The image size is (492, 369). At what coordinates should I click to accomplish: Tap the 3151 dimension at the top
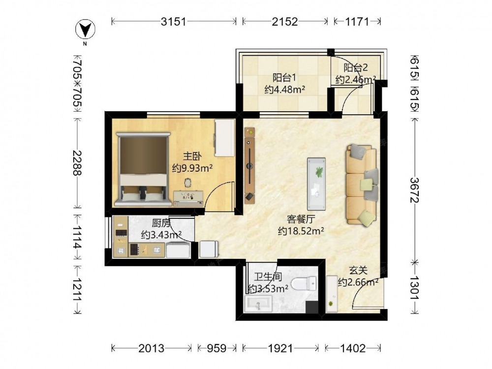[x=174, y=22]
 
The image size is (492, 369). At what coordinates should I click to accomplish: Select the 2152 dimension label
[x=284, y=22]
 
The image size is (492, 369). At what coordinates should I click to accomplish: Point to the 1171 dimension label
[x=357, y=22]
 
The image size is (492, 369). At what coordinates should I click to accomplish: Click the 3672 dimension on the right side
[x=415, y=190]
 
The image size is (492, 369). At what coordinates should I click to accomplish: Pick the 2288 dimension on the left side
[x=77, y=163]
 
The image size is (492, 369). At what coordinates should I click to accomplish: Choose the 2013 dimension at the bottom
[x=151, y=348]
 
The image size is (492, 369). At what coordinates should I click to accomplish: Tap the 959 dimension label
[x=216, y=348]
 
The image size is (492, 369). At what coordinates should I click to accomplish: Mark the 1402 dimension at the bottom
[x=353, y=348]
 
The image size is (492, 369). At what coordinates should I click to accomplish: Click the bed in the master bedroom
[x=143, y=169]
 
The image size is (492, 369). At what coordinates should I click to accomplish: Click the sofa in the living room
[x=362, y=184]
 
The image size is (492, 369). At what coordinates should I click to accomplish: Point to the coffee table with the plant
[x=316, y=184]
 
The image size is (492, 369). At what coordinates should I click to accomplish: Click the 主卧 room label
[x=192, y=156]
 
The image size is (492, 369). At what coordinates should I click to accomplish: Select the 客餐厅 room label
[x=301, y=219]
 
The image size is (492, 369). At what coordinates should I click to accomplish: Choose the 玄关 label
[x=358, y=270]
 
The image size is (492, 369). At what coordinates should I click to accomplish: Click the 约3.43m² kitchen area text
[x=161, y=235]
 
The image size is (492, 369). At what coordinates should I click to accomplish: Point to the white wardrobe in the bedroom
[x=225, y=138]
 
